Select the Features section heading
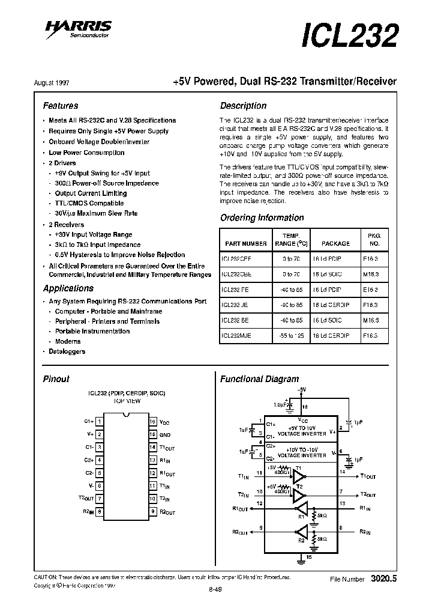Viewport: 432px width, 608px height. [61, 106]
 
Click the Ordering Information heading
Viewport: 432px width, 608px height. [262, 217]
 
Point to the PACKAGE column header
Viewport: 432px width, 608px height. [335, 243]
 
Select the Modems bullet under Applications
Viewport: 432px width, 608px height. [68, 341]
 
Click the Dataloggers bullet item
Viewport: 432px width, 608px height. [67, 351]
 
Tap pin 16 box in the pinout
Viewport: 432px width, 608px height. [153, 422]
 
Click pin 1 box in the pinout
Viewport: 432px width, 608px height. [99, 422]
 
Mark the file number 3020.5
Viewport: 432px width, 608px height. [384, 579]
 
